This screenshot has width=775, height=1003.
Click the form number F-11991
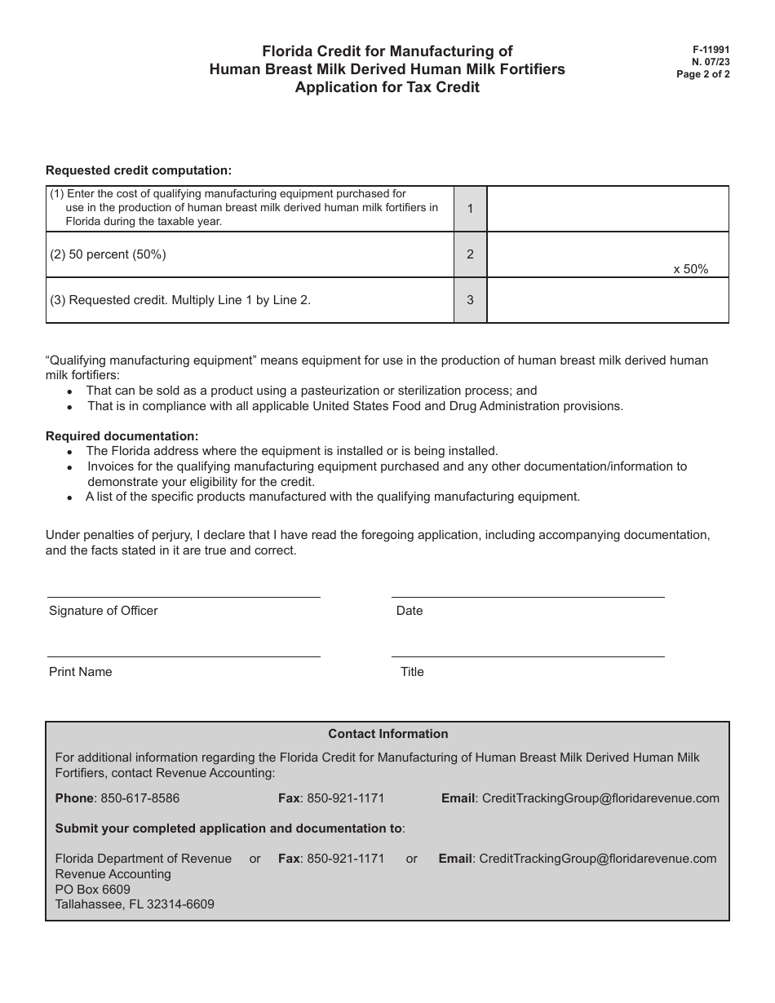point(706,50)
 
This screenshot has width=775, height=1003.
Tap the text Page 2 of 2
point(703,74)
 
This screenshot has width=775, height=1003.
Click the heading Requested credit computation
point(139,170)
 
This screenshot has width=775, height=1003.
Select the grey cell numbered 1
point(470,209)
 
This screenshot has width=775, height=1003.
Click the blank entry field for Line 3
point(607,300)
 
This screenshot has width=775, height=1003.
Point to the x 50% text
point(690,269)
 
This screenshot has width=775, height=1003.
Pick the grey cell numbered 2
point(470,254)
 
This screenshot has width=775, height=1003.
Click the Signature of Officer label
point(104,611)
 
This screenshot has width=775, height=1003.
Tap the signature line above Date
point(527,597)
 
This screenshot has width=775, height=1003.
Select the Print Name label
point(81,672)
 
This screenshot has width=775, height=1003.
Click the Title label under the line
point(412,672)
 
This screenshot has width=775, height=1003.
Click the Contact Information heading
point(387,734)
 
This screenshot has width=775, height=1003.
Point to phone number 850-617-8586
point(139,798)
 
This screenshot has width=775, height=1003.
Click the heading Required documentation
point(122,436)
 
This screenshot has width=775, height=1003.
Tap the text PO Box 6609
point(92,889)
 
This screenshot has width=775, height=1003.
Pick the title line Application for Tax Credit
point(387,87)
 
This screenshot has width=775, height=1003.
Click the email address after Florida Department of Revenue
point(597,858)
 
